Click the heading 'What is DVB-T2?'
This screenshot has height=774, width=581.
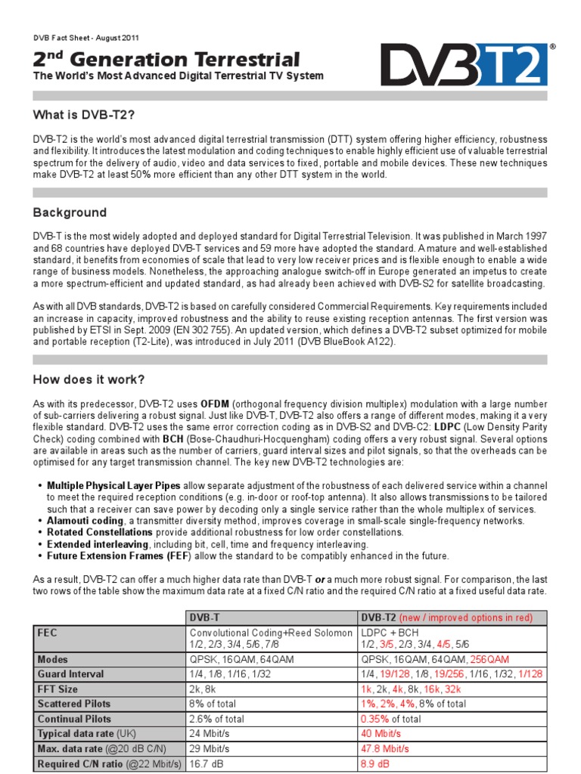tap(84, 114)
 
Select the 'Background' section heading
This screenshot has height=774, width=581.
tap(70, 212)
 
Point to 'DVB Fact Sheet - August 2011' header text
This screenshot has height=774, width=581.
tap(86, 38)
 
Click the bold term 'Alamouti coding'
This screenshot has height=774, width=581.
tap(85, 520)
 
